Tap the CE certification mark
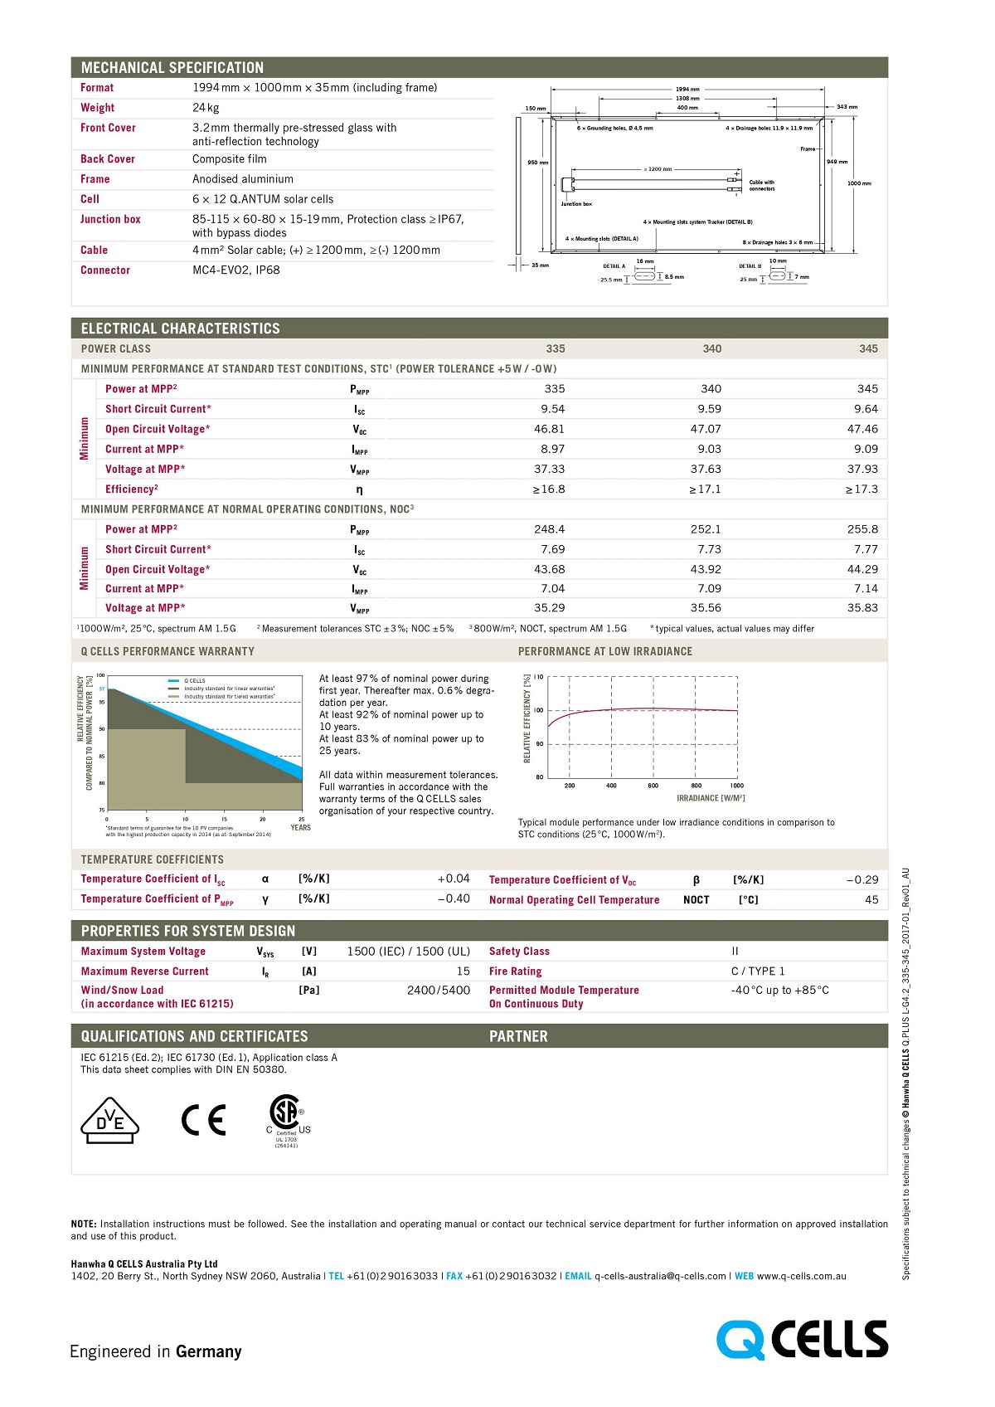coord(203,1120)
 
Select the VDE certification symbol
coord(109,1121)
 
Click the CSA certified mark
coord(286,1116)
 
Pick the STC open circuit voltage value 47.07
coord(706,429)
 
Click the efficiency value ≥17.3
coord(862,489)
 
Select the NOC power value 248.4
coord(549,529)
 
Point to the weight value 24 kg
coord(206,108)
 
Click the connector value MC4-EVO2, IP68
coord(236,270)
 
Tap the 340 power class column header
coord(711,349)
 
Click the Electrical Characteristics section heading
coord(181,329)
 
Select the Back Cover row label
coord(108,159)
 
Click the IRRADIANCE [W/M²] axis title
coord(711,798)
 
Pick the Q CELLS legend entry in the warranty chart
coord(194,681)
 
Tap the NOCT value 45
coord(871,900)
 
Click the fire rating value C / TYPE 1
coord(757,971)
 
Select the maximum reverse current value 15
coord(463,971)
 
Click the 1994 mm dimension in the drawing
coord(687,89)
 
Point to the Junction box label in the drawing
coord(576,204)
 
